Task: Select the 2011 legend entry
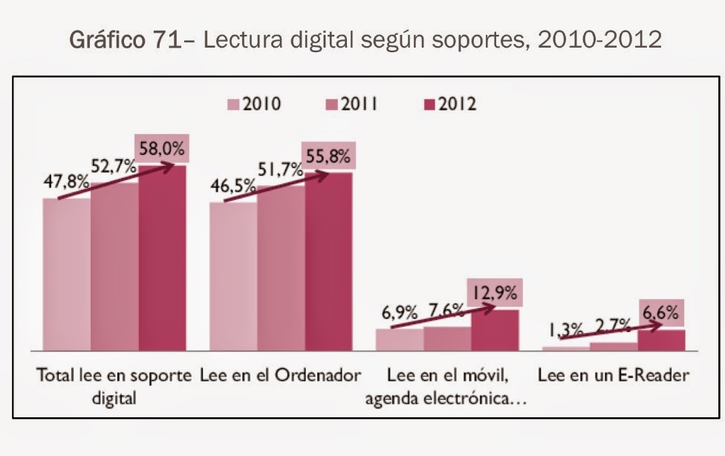tap(352, 104)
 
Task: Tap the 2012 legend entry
tap(447, 104)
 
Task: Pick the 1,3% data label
tap(563, 329)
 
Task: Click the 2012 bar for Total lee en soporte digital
tap(162, 260)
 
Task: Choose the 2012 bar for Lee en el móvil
tap(495, 330)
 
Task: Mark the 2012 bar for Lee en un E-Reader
tap(661, 340)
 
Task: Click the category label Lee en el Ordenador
tap(280, 375)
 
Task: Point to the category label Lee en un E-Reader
tap(614, 375)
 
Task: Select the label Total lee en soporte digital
tap(114, 385)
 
